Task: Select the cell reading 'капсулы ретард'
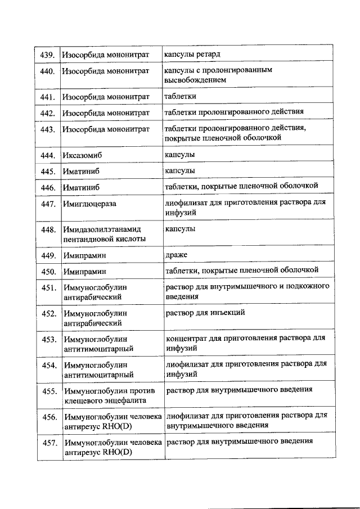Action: click(192, 54)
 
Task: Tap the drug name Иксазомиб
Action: click(82, 155)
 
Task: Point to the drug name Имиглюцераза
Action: click(90, 204)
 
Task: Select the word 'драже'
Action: click(176, 255)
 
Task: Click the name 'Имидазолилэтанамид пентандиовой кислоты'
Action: click(105, 234)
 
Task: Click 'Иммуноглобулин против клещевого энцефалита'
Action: click(105, 395)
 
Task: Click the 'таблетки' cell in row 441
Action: click(180, 96)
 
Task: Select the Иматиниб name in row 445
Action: click(81, 171)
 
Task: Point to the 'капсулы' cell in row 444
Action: click(179, 154)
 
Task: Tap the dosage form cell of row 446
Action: click(241, 186)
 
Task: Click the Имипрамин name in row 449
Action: click(85, 256)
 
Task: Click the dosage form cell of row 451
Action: click(246, 291)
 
